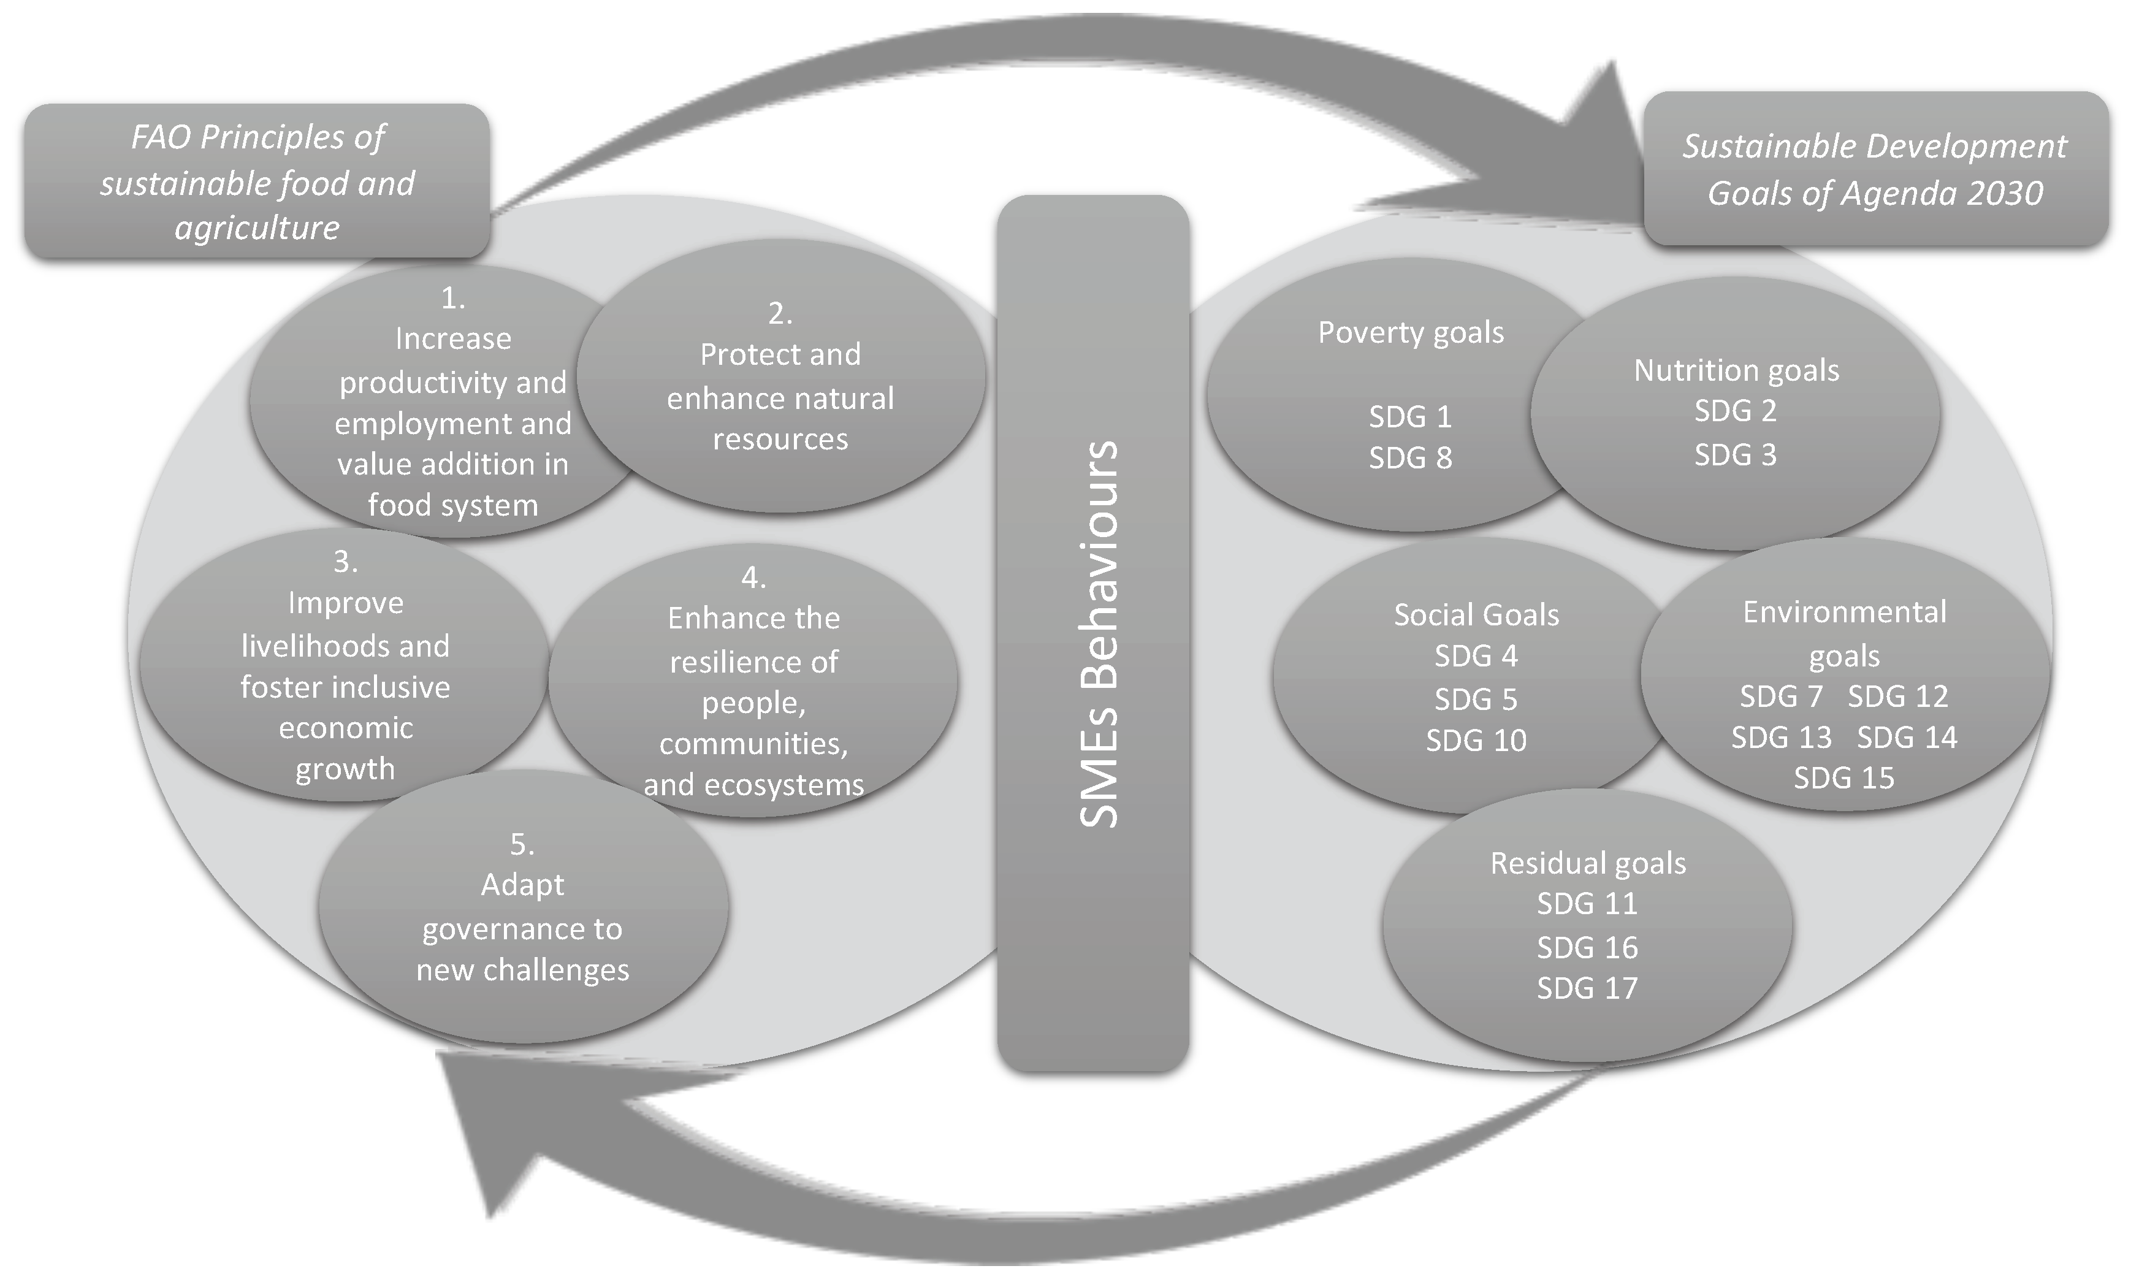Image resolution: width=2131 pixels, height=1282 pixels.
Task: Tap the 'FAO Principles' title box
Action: click(257, 182)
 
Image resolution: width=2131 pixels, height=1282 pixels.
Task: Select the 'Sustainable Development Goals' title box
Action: click(1875, 169)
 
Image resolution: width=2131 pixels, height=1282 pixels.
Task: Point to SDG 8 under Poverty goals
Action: click(1409, 458)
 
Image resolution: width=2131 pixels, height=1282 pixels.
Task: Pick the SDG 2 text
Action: click(1734, 411)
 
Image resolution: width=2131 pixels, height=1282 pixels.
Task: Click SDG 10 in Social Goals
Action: click(1476, 741)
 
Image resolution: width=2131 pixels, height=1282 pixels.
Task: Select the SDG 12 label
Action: click(1898, 696)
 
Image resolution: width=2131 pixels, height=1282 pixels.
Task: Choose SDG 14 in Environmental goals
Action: click(1907, 738)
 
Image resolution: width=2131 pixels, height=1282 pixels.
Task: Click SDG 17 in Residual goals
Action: click(1587, 988)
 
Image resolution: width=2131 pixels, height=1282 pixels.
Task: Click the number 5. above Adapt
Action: click(522, 844)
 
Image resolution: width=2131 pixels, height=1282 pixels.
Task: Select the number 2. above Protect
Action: click(780, 313)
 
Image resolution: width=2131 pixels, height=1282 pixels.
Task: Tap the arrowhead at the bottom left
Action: click(484, 1123)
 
